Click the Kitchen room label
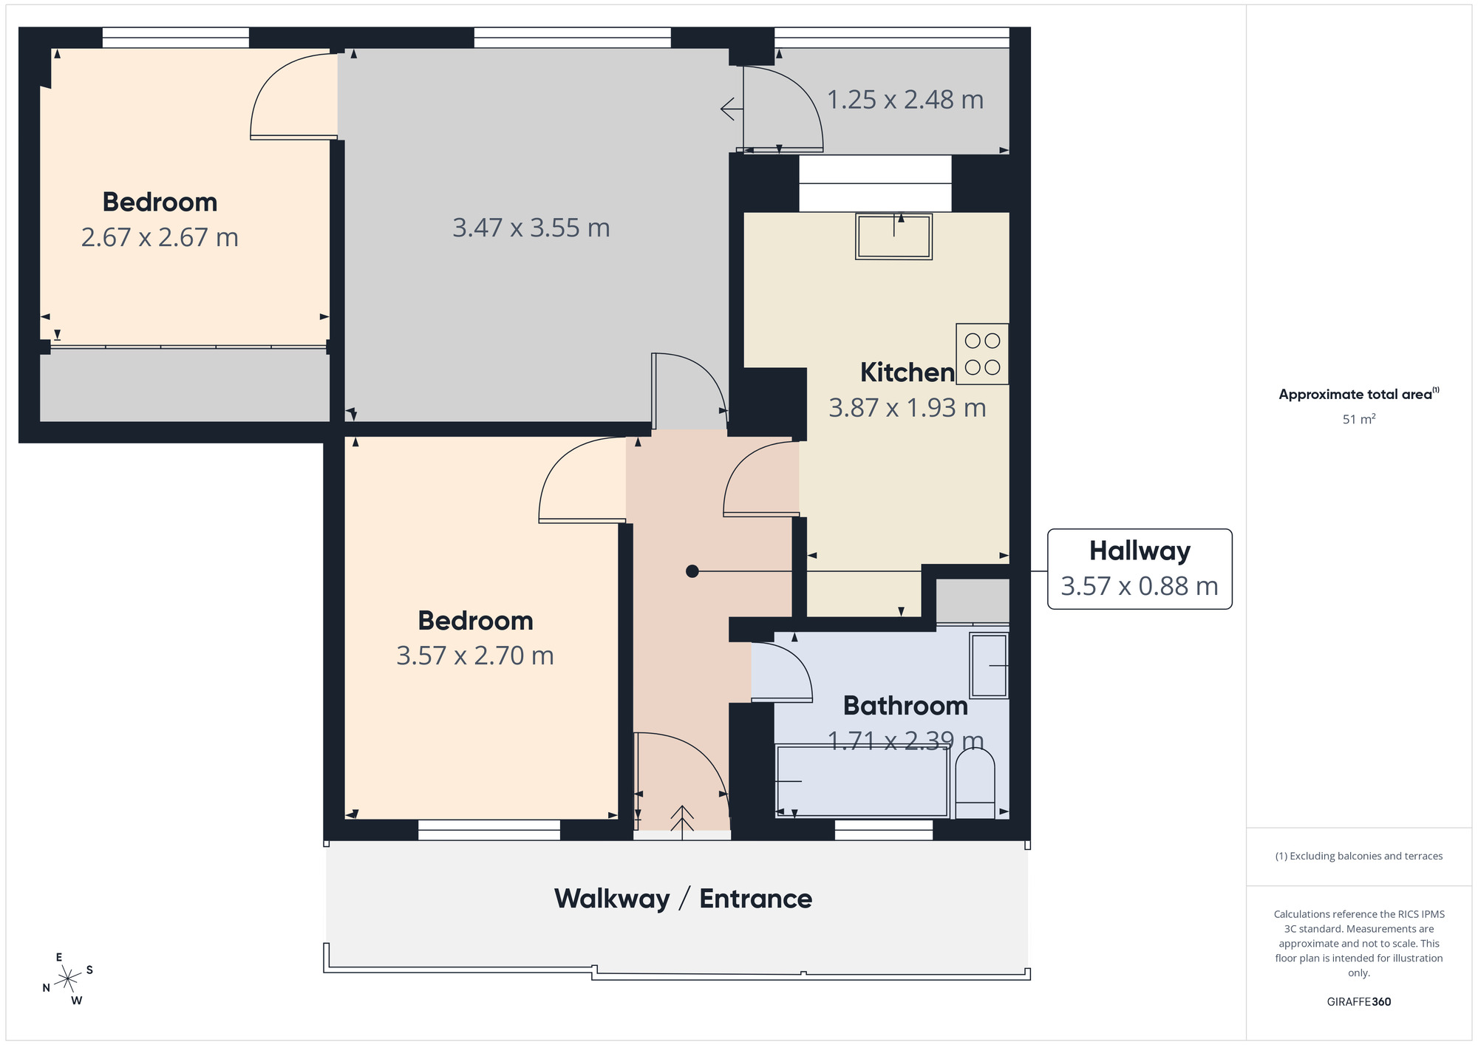click(907, 372)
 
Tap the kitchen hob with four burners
click(982, 354)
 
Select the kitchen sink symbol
click(893, 236)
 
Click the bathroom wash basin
click(989, 665)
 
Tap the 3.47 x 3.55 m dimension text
click(531, 228)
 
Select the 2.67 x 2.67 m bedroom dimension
click(160, 237)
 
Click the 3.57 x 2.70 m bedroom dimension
click(474, 656)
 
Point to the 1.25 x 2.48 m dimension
click(905, 100)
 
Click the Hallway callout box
click(1139, 569)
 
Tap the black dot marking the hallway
click(692, 571)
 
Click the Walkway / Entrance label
click(683, 899)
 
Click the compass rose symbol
click(68, 979)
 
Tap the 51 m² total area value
click(1358, 419)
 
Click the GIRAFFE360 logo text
click(1358, 1002)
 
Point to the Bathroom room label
click(905, 706)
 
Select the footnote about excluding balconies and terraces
click(1358, 856)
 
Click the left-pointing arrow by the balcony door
click(731, 109)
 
